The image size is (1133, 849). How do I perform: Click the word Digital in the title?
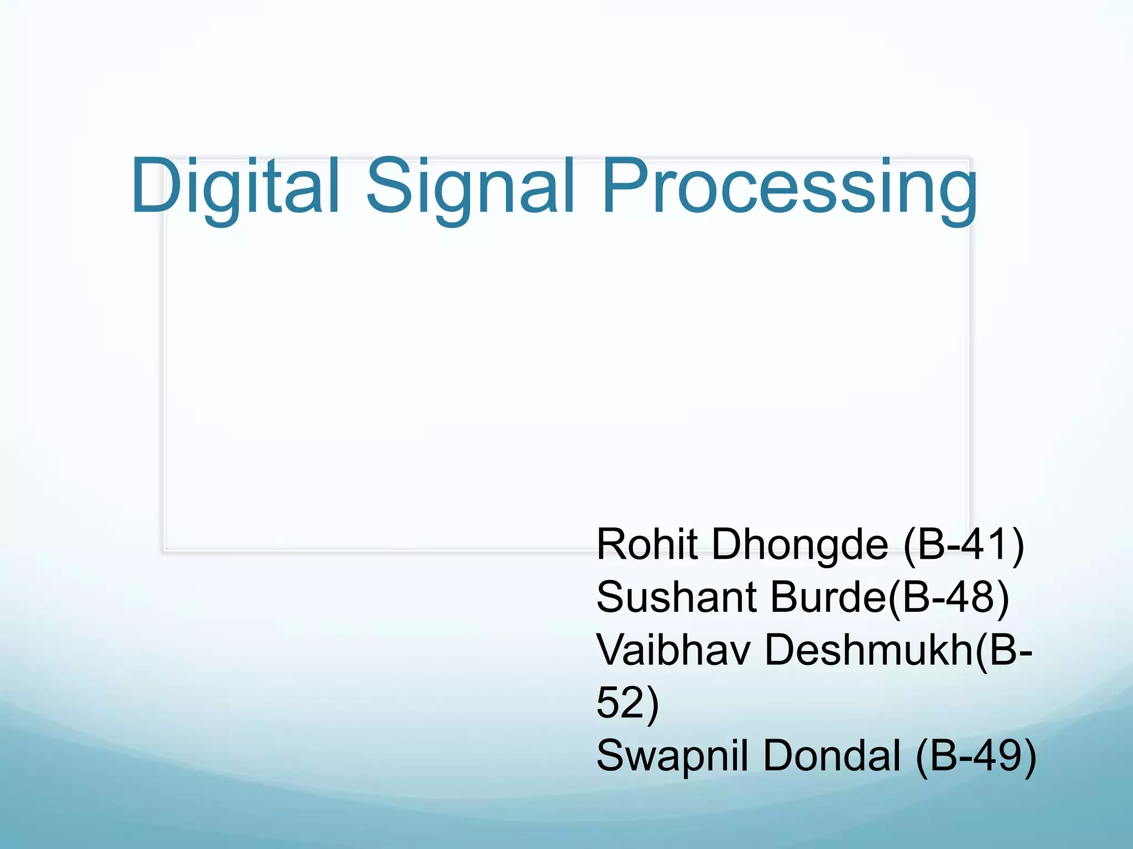coord(235,187)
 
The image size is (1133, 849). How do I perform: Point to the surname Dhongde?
coord(800,545)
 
